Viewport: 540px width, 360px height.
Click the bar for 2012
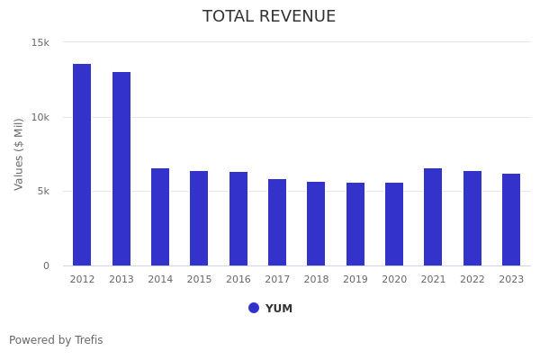click(x=82, y=165)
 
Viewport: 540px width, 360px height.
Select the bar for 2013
click(x=121, y=168)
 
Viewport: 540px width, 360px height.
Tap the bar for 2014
click(x=160, y=217)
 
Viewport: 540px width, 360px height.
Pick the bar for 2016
click(x=238, y=219)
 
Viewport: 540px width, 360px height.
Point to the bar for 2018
click(x=316, y=223)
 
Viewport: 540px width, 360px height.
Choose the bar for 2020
click(x=394, y=224)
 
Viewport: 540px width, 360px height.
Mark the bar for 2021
click(x=433, y=217)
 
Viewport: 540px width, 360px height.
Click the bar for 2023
click(x=511, y=220)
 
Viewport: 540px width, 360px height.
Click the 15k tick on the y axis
click(x=40, y=42)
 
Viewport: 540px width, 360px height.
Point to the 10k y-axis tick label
click(x=40, y=117)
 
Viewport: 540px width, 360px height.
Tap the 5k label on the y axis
click(x=43, y=191)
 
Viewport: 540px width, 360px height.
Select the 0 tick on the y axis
click(x=47, y=265)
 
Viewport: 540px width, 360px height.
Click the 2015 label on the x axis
click(x=199, y=280)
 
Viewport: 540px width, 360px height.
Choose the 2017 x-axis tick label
click(x=277, y=280)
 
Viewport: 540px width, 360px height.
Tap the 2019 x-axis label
click(x=355, y=280)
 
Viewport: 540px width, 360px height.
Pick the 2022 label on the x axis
click(x=472, y=280)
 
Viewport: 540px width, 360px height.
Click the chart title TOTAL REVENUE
click(x=269, y=17)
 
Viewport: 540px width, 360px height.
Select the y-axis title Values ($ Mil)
click(x=19, y=154)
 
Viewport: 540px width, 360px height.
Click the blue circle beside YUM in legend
click(x=254, y=308)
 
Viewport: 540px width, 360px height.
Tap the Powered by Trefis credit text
click(x=56, y=340)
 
